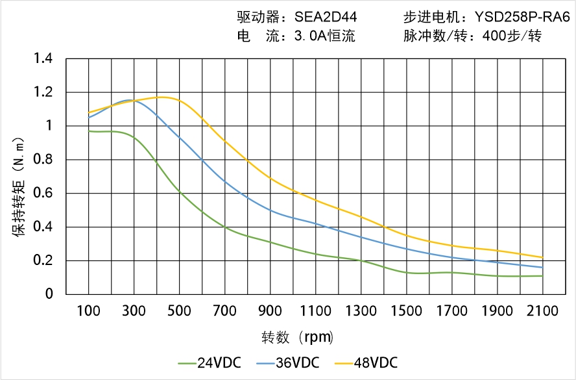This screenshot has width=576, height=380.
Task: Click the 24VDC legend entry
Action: coord(209,362)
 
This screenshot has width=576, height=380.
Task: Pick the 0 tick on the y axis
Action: coord(51,294)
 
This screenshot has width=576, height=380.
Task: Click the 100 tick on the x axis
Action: coord(89,311)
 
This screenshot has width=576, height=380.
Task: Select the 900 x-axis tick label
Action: coord(270,311)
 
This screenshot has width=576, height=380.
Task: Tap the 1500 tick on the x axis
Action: coord(406,311)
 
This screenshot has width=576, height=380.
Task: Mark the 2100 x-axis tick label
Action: coord(542,311)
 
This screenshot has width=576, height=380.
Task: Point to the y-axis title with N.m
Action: coord(19,185)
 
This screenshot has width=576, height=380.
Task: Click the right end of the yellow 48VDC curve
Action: coord(542,257)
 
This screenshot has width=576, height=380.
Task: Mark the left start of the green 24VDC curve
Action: coord(89,131)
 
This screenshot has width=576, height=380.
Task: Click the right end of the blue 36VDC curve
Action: coord(542,267)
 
